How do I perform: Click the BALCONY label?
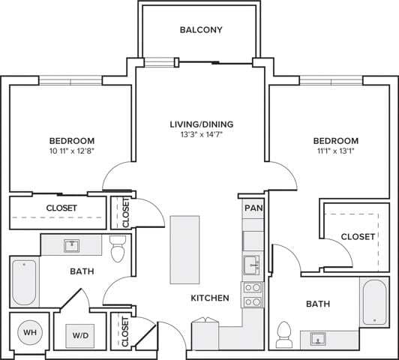pyautogui.click(x=201, y=30)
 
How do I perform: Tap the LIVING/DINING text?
pyautogui.click(x=200, y=124)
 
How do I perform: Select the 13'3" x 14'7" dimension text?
pyautogui.click(x=200, y=136)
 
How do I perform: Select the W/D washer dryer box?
pyautogui.click(x=79, y=335)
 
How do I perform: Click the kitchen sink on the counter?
pyautogui.click(x=251, y=265)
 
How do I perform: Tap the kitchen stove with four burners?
pyautogui.click(x=251, y=294)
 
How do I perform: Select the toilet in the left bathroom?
pyautogui.click(x=118, y=250)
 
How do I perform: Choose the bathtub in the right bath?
pyautogui.click(x=373, y=301)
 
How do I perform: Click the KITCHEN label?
pyautogui.click(x=209, y=298)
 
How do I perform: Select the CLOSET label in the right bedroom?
pyautogui.click(x=358, y=236)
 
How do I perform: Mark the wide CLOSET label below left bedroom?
pyautogui.click(x=61, y=208)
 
